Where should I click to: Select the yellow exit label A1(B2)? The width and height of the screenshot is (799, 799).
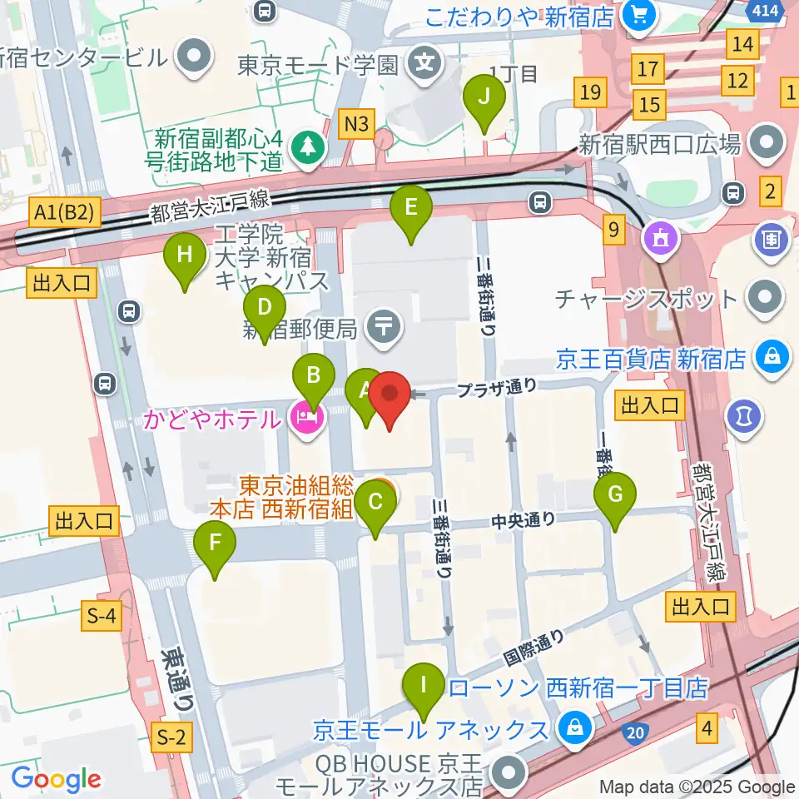click(67, 214)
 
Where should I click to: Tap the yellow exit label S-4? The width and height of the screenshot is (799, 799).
click(102, 616)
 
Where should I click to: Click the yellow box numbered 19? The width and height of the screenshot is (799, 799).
click(591, 92)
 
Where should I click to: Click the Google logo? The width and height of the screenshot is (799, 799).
click(56, 779)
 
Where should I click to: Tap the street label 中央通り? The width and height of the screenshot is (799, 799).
click(523, 521)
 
